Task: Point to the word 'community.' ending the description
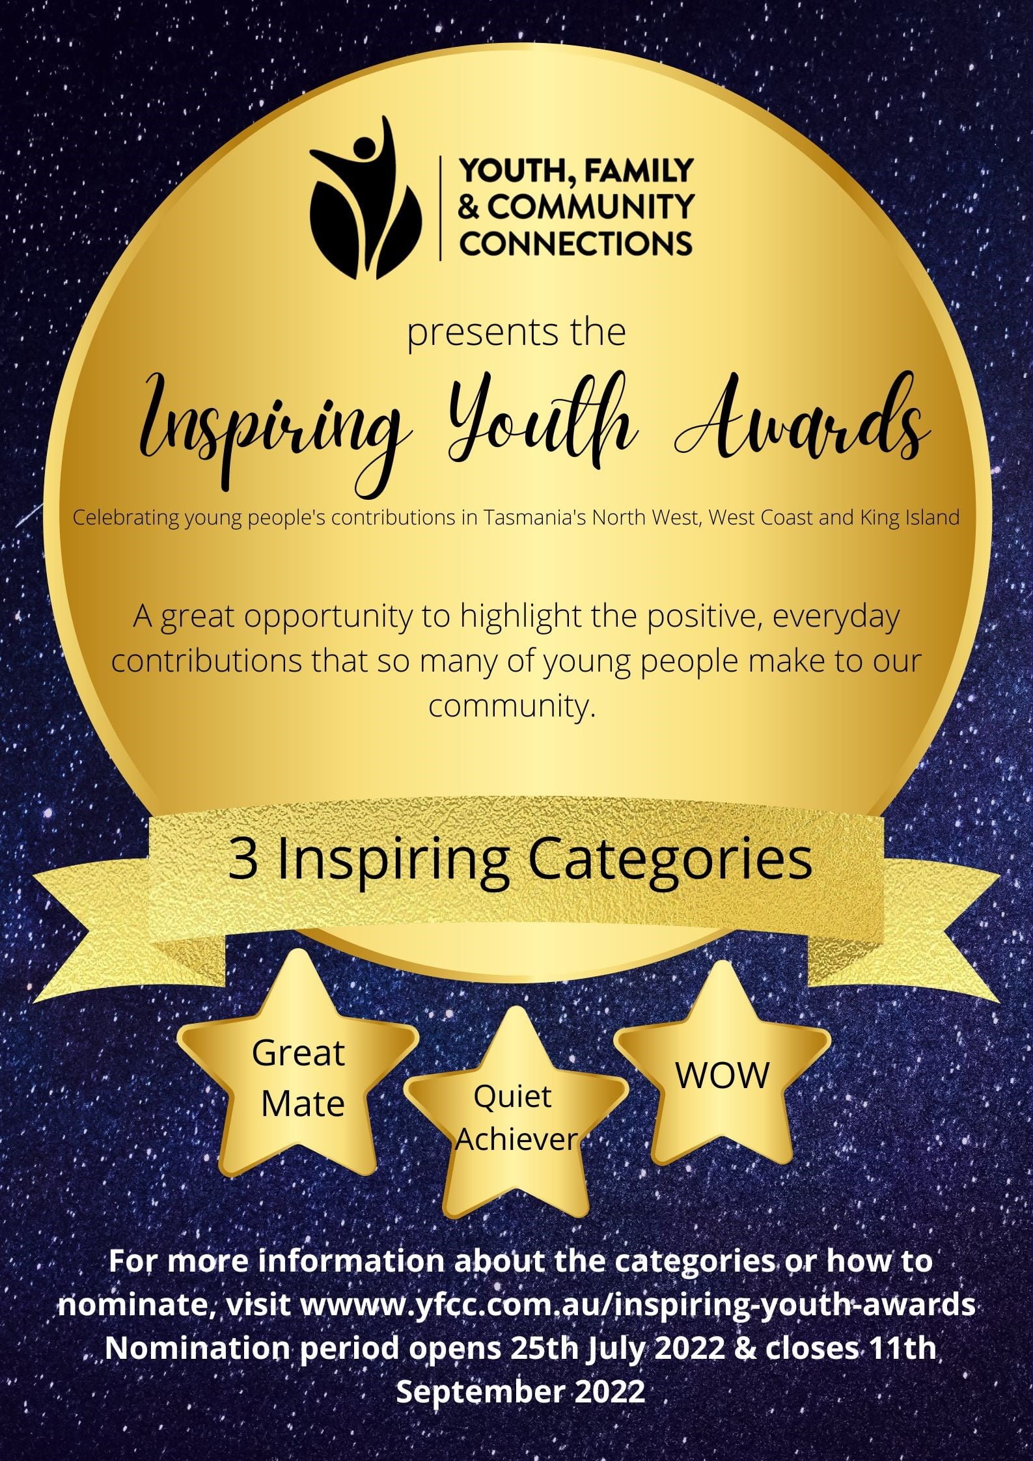coord(512,707)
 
